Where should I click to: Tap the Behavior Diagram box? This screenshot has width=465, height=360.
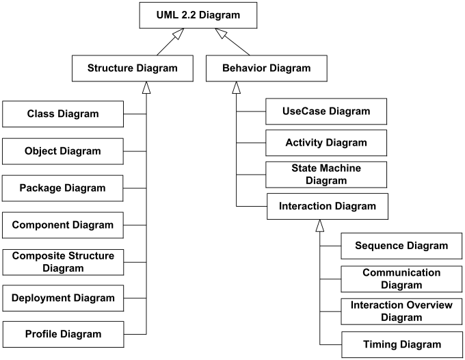pyautogui.click(x=266, y=68)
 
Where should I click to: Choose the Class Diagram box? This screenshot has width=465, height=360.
pyautogui.click(x=63, y=114)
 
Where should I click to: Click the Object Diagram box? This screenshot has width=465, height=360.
pyautogui.click(x=63, y=151)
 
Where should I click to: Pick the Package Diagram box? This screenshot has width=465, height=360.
pyautogui.click(x=63, y=188)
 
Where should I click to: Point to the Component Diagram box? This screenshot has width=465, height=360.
pyautogui.click(x=63, y=224)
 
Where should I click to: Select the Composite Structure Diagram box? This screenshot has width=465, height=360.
pyautogui.click(x=63, y=261)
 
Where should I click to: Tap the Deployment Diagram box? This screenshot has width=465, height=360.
pyautogui.click(x=63, y=298)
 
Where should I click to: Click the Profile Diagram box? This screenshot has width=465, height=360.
pyautogui.click(x=63, y=335)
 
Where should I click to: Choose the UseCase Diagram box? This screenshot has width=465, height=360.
pyautogui.click(x=326, y=111)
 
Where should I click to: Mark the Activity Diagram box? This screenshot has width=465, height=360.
pyautogui.click(x=326, y=143)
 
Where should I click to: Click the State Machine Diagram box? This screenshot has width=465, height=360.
pyautogui.click(x=326, y=175)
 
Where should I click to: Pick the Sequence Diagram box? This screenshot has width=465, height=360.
pyautogui.click(x=401, y=246)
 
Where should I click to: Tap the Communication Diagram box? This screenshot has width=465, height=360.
pyautogui.click(x=401, y=279)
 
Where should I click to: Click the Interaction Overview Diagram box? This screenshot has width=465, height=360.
pyautogui.click(x=401, y=311)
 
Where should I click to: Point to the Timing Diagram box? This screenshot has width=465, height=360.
pyautogui.click(x=401, y=344)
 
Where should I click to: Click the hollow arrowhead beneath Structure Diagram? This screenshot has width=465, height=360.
pyautogui.click(x=146, y=87)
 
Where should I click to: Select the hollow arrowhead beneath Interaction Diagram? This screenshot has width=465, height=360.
pyautogui.click(x=319, y=224)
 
